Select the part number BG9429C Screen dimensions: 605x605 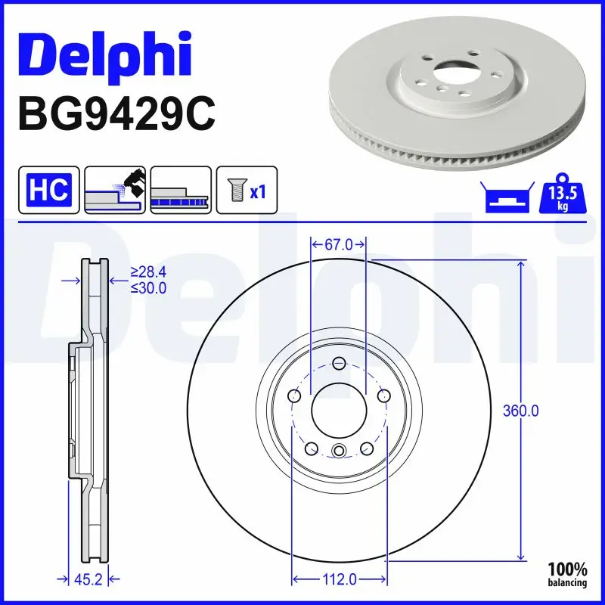(x=116, y=113)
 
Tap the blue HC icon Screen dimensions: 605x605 (x=48, y=190)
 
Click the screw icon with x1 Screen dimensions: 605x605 (x=247, y=190)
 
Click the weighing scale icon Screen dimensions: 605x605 (x=505, y=198)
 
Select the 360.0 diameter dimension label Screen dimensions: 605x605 (x=521, y=411)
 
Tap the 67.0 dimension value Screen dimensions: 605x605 (x=339, y=244)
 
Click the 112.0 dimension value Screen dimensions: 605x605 (x=339, y=579)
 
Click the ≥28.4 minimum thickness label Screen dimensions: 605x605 (x=148, y=271)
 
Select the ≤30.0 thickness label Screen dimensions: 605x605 (x=148, y=287)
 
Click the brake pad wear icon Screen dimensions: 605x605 (x=114, y=190)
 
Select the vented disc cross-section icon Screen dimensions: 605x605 (x=181, y=190)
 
